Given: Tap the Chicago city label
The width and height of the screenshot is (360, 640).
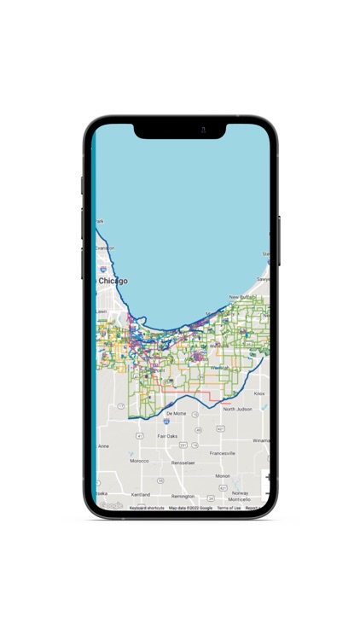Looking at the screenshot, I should click(113, 281).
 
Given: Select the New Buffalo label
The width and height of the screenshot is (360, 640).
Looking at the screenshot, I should click(244, 297).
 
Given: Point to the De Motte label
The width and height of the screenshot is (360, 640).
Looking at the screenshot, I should click(177, 413).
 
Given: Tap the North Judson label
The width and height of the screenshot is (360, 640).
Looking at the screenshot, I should click(238, 409).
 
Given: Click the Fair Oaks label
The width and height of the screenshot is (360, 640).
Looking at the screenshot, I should click(167, 435).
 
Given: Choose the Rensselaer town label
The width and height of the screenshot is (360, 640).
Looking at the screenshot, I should click(183, 463).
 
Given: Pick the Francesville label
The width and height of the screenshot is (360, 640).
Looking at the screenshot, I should click(223, 453).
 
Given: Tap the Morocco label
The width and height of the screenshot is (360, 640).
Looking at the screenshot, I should click(139, 461).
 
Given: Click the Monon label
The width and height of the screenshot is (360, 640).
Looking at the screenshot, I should click(223, 475).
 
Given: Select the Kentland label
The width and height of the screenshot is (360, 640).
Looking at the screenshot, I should click(141, 494).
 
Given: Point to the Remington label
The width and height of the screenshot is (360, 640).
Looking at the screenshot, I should click(183, 496).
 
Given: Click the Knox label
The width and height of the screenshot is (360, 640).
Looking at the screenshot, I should click(259, 393).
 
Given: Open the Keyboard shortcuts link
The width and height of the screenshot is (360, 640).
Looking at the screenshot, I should click(147, 508).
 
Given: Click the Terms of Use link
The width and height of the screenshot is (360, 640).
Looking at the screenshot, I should click(229, 508).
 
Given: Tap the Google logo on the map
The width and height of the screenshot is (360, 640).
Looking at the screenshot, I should click(111, 506).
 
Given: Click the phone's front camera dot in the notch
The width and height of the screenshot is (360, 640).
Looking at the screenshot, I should click(203, 130).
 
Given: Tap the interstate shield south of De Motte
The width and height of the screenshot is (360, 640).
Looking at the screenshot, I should click(166, 422).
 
